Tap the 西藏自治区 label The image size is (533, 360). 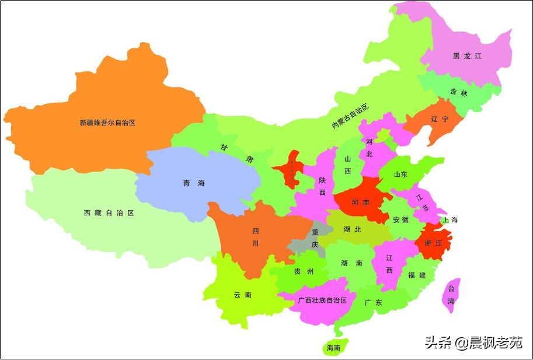[x=109, y=213]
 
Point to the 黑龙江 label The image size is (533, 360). [x=467, y=56]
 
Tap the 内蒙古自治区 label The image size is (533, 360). [x=350, y=117]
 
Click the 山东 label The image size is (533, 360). [x=401, y=174]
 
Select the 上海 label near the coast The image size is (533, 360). [x=450, y=220]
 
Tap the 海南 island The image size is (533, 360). [x=334, y=348]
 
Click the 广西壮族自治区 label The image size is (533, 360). [x=322, y=300]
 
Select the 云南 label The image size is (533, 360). [x=243, y=295]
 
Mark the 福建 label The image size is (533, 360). [x=417, y=275]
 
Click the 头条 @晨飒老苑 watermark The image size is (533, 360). [x=473, y=342]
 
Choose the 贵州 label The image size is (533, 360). [x=304, y=271]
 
